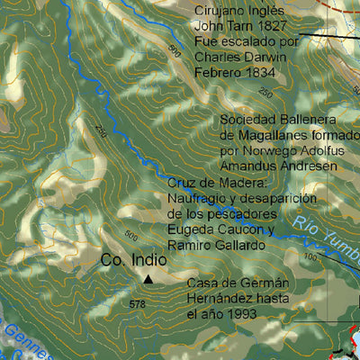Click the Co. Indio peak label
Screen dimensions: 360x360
[132, 260]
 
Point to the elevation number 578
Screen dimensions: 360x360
[137, 304]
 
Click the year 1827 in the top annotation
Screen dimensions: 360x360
[269, 26]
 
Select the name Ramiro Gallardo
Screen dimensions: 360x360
[216, 244]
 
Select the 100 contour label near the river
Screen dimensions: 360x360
[311, 258]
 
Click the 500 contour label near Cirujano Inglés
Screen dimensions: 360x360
[175, 53]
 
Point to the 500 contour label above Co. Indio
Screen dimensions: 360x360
[131, 236]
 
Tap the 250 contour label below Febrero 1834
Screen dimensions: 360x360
[265, 93]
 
